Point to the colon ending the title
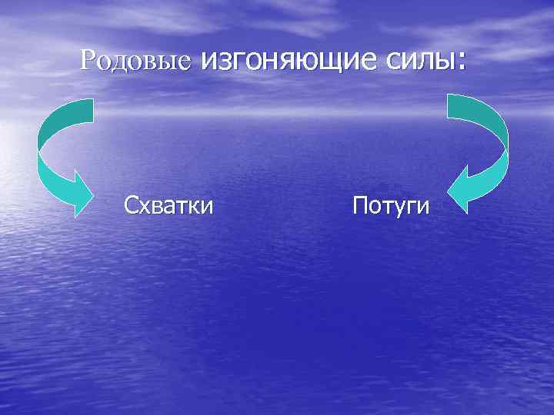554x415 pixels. [x=461, y=61]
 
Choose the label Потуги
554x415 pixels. [x=391, y=206]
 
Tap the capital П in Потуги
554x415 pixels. [x=359, y=205]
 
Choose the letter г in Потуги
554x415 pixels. [x=412, y=207]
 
